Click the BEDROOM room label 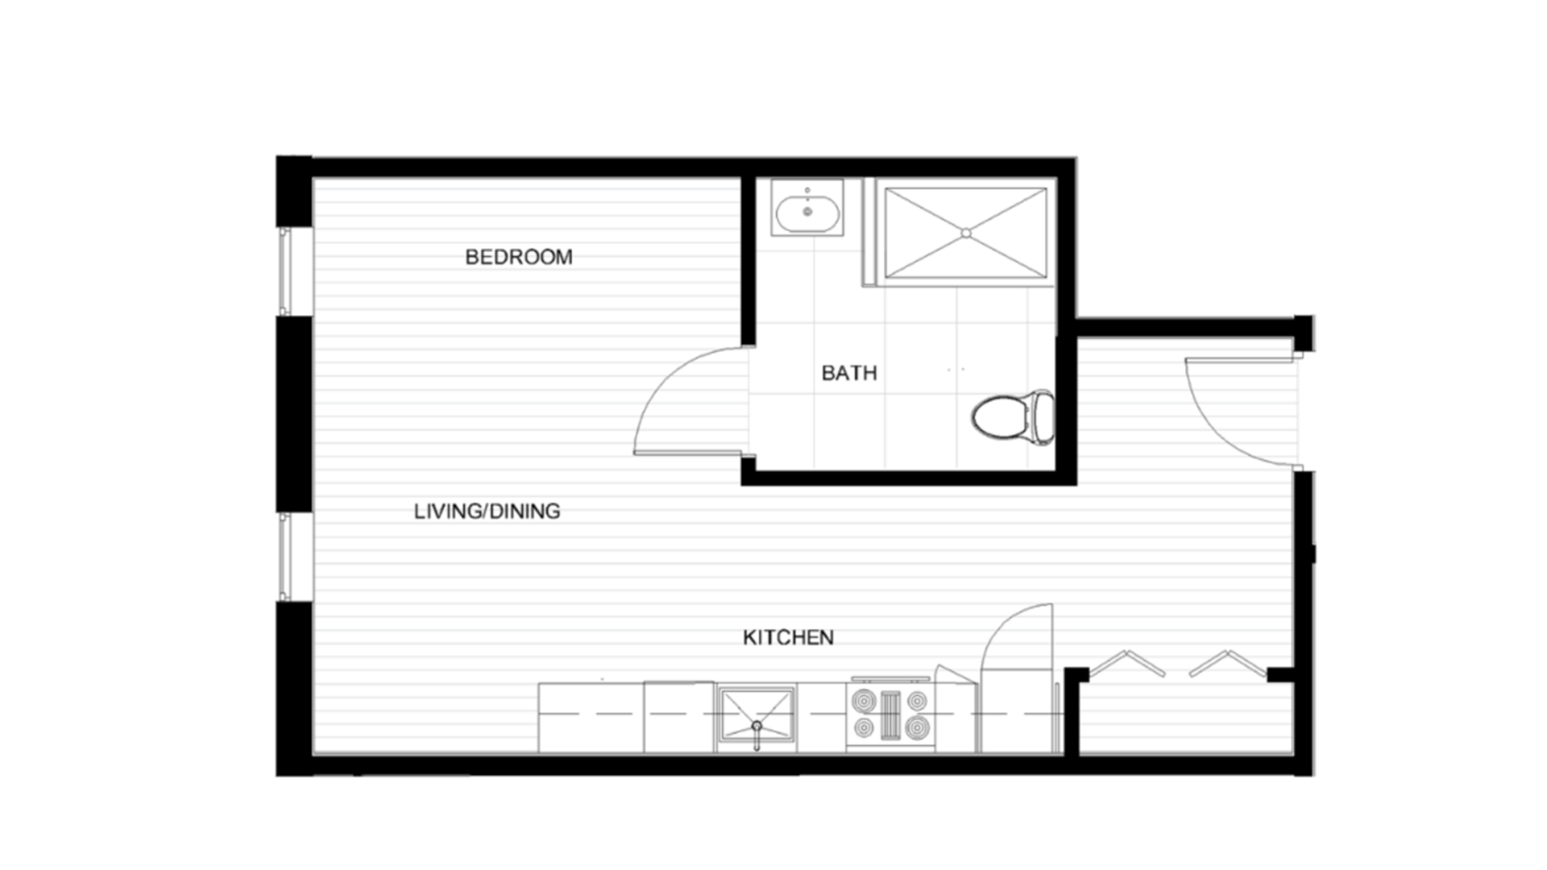pyautogui.click(x=518, y=257)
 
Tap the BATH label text pyautogui.click(x=848, y=373)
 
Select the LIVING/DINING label pyautogui.click(x=487, y=511)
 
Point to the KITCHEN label pyautogui.click(x=787, y=637)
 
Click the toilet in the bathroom pyautogui.click(x=1003, y=417)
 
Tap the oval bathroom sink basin pyautogui.click(x=807, y=213)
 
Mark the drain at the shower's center pyautogui.click(x=965, y=233)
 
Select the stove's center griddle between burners pyautogui.click(x=890, y=715)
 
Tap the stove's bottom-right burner pyautogui.click(x=917, y=729)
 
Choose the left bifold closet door pyautogui.click(x=1127, y=663)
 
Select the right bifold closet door pyautogui.click(x=1226, y=663)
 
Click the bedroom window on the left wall pyautogui.click(x=284, y=271)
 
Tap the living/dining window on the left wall pyautogui.click(x=284, y=557)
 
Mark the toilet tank pyautogui.click(x=1043, y=417)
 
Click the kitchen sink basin pyautogui.click(x=756, y=713)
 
